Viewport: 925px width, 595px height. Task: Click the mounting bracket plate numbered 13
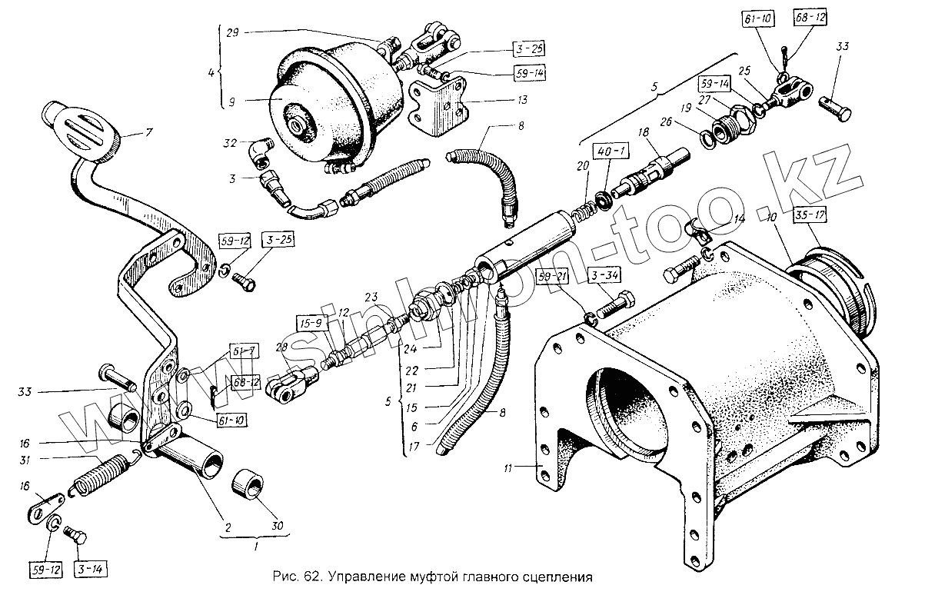click(439, 105)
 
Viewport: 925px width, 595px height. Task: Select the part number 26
click(664, 121)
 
